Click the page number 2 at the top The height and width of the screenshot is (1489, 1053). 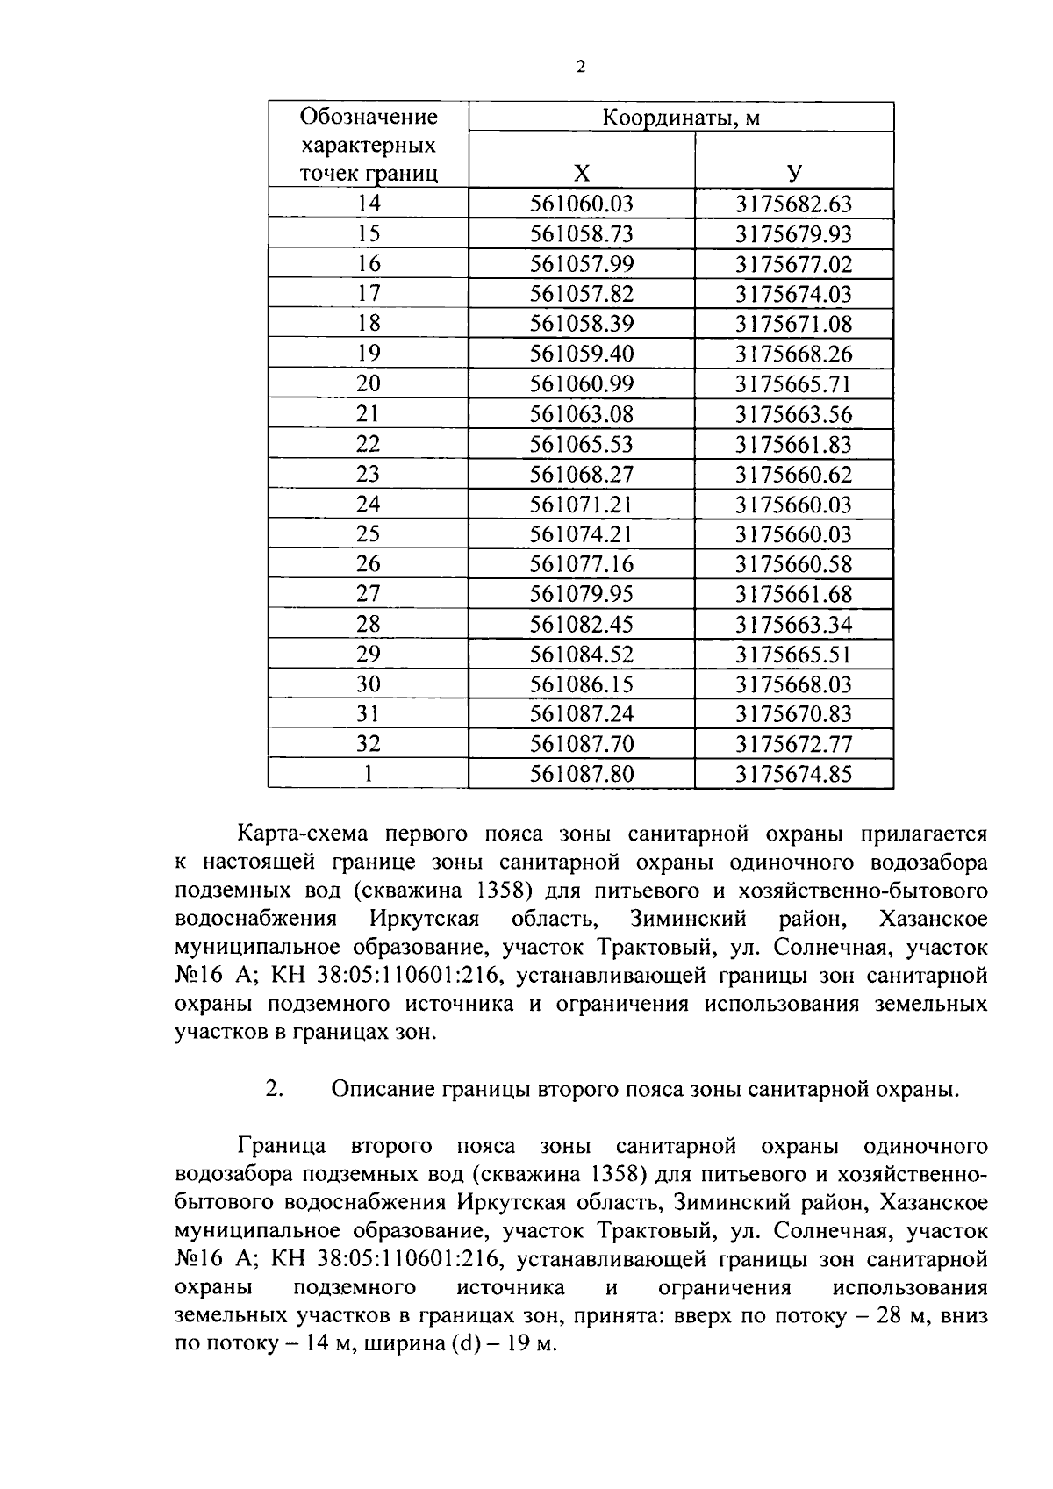580,68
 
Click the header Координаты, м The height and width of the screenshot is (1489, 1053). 681,118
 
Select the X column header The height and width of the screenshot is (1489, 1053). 581,173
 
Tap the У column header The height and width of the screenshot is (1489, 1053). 793,173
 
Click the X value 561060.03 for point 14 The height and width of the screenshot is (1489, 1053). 581,204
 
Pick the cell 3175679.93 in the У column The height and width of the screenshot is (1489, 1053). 793,234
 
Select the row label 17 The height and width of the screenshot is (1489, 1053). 369,294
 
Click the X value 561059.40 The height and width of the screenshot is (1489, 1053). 581,354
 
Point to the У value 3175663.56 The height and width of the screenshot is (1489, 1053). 793,414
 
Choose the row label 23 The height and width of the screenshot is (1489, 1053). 369,474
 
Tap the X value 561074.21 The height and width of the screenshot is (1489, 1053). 581,534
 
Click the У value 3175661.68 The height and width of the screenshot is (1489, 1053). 793,594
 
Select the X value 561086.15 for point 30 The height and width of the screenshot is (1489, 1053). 581,684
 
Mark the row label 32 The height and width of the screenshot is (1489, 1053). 369,744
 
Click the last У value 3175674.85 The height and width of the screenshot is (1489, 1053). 793,774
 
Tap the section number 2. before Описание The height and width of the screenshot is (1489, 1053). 274,1089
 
